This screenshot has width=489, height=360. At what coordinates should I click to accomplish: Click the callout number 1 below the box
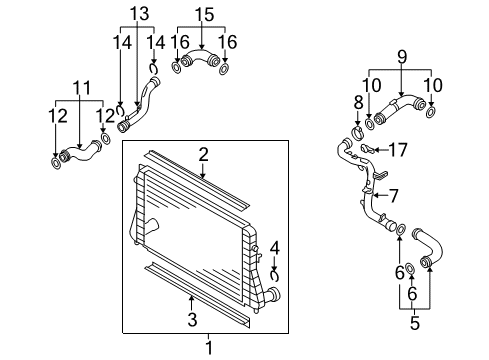[209, 348]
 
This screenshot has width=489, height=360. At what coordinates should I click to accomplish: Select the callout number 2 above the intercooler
[203, 155]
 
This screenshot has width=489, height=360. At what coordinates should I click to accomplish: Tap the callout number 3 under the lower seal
[192, 319]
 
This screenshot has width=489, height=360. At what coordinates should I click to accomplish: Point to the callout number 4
[275, 248]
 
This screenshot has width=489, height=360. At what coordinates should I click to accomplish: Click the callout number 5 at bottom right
[414, 323]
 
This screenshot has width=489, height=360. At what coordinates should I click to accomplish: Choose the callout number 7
[394, 196]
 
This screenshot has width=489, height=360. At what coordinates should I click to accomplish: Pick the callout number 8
[358, 102]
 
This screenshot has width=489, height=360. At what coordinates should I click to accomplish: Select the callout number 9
[402, 57]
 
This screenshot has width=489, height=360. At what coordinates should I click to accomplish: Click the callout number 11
[82, 88]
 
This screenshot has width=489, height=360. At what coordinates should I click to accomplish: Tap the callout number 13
[139, 14]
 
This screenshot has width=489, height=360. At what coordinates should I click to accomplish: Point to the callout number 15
[204, 15]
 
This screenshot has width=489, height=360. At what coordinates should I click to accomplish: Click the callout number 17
[398, 150]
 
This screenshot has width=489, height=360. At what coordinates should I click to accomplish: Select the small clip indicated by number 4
[275, 276]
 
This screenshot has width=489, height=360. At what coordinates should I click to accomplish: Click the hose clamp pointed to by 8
[357, 132]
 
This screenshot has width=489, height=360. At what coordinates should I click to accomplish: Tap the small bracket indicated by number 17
[369, 149]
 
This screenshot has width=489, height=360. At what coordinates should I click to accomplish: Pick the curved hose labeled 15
[200, 57]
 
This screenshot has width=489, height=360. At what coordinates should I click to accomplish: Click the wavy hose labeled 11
[79, 152]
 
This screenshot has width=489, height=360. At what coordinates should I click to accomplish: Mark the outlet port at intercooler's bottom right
[273, 294]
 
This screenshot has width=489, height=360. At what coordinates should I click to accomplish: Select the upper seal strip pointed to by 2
[197, 181]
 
